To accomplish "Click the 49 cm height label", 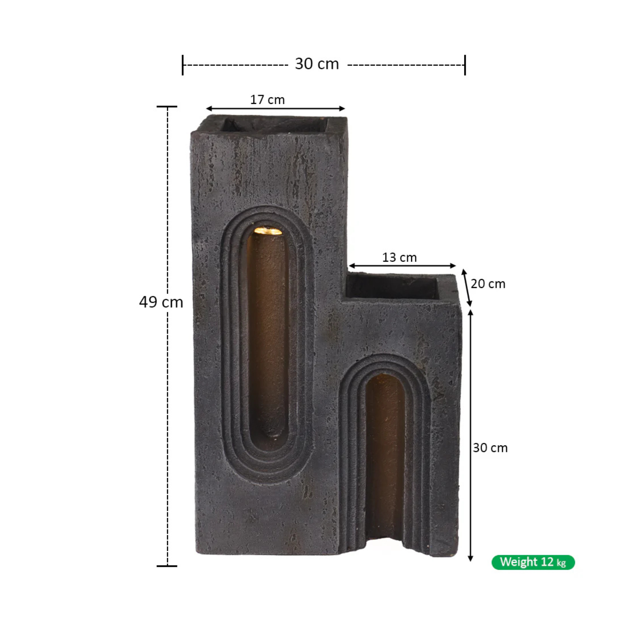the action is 161,302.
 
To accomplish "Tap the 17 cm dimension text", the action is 267,100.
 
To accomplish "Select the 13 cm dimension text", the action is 399,258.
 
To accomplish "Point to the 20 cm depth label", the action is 488,284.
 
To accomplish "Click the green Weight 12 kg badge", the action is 533,562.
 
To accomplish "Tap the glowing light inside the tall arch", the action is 268,231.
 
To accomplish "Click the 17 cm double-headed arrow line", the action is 275,109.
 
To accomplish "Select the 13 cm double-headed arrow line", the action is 402,266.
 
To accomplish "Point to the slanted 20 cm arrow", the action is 467,288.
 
